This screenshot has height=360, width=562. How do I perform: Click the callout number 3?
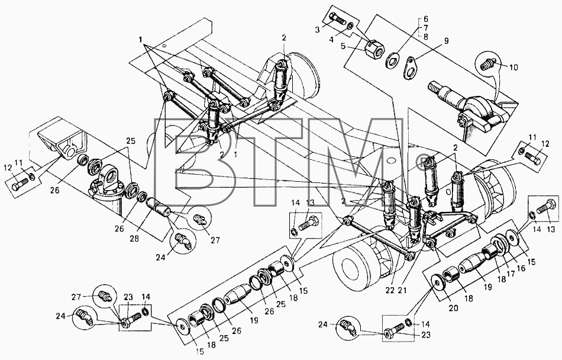pyautogui.click(x=318, y=30)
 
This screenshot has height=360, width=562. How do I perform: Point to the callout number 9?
pyautogui.click(x=446, y=41)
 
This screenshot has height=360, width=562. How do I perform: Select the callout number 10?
pyautogui.click(x=513, y=67)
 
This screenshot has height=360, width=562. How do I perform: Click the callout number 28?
pyautogui.click(x=134, y=239)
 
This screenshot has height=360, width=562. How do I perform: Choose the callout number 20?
pyautogui.click(x=453, y=308)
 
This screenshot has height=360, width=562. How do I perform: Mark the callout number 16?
pyautogui.click(x=521, y=268)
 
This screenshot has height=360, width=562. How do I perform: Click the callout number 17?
pyautogui.click(x=511, y=274)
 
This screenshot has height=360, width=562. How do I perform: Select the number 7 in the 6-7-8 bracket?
pyautogui.click(x=426, y=28)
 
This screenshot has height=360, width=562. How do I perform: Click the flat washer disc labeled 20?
pyautogui.click(x=438, y=282)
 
